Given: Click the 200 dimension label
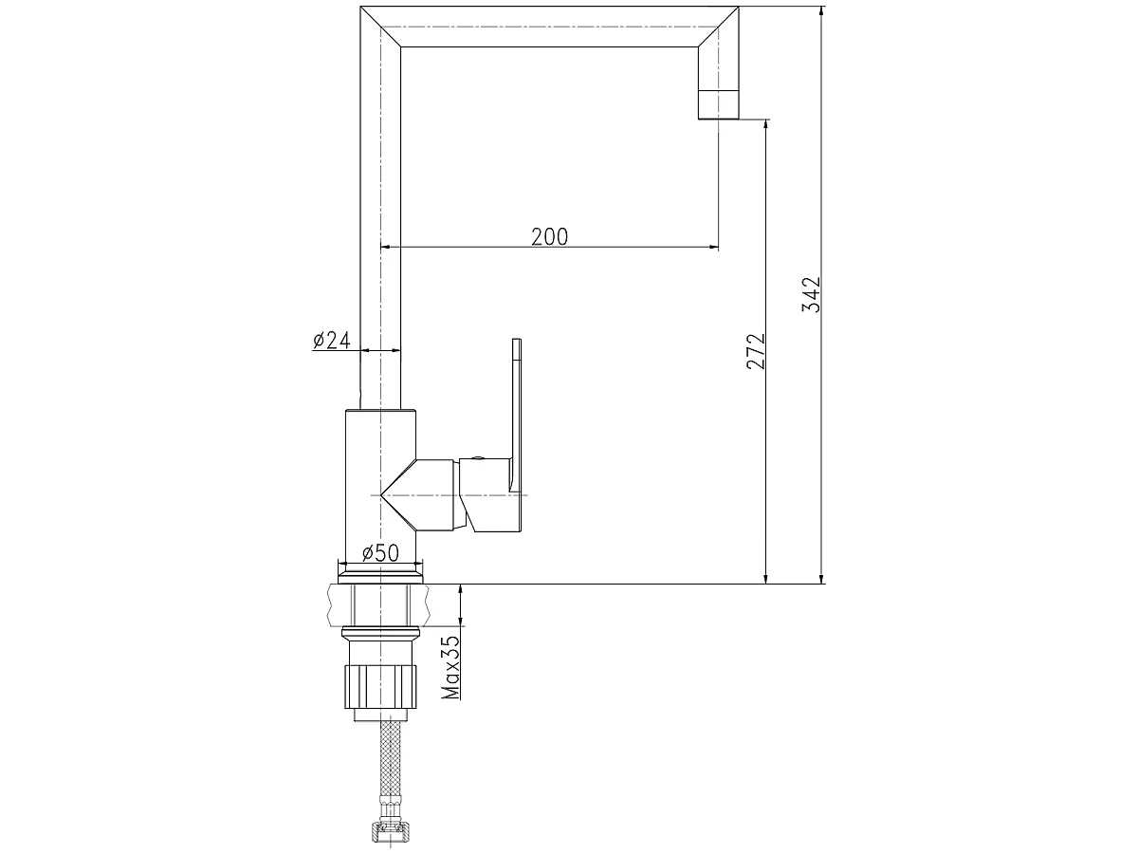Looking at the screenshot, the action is point(549,237).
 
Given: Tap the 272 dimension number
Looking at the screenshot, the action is point(756,351).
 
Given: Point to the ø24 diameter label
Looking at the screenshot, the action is point(332,340).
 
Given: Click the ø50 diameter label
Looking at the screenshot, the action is point(380,553).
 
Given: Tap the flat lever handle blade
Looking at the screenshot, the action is point(517,415).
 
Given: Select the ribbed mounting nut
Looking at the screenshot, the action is point(380,687).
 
